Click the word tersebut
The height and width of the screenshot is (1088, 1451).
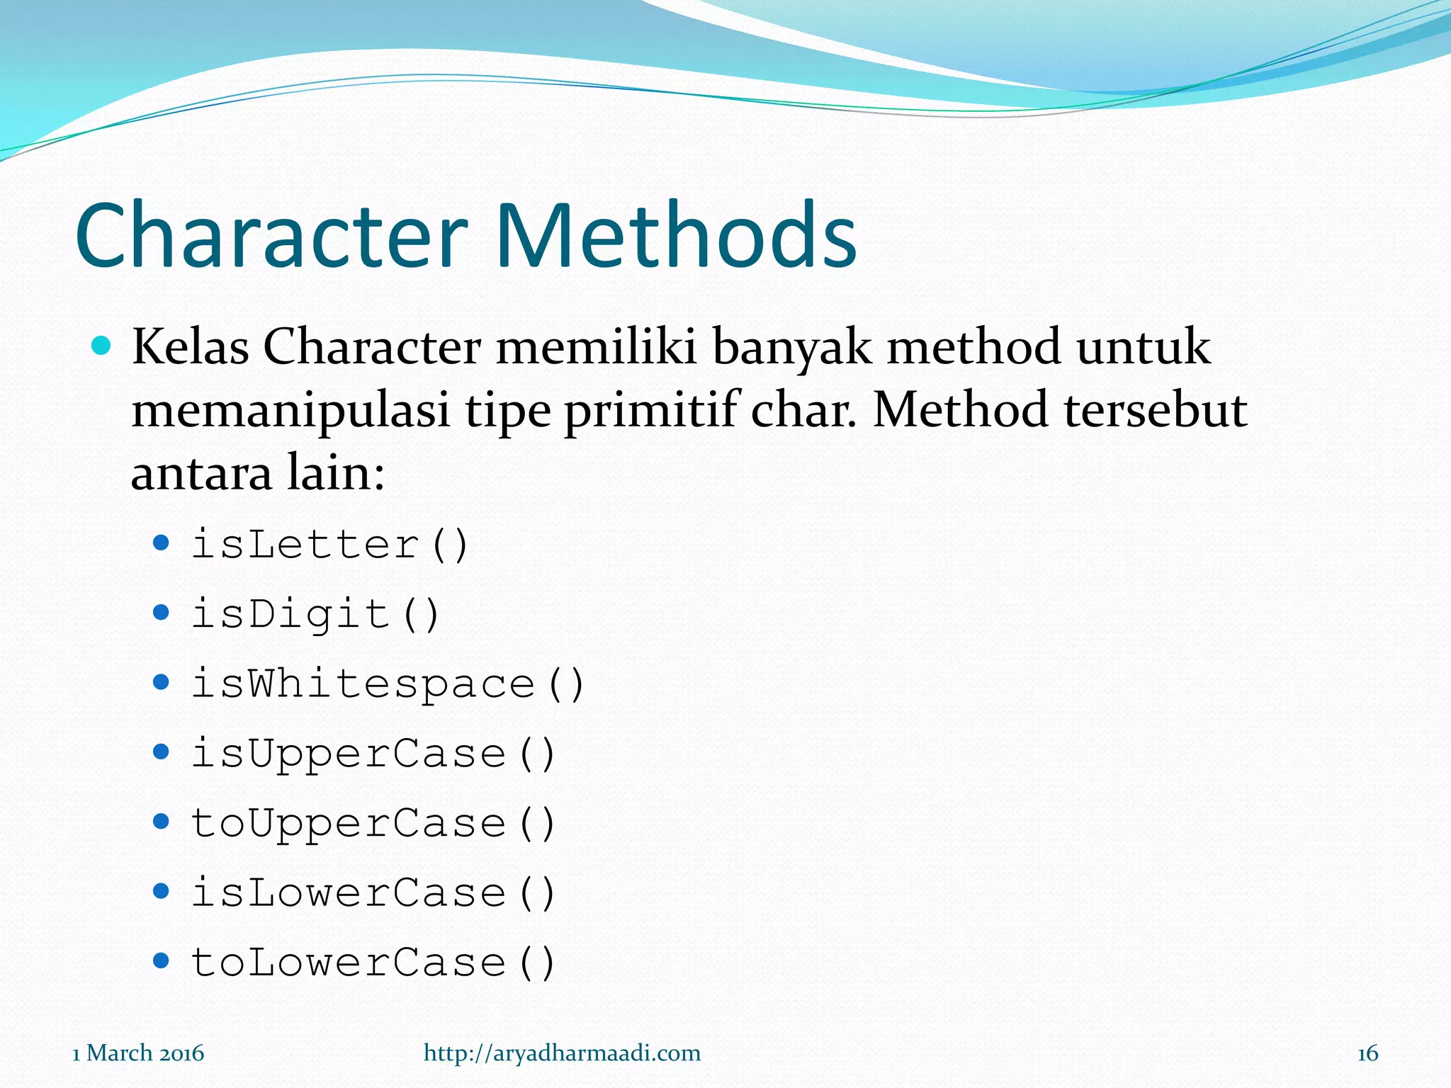(1156, 410)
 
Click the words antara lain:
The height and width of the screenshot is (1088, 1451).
(258, 473)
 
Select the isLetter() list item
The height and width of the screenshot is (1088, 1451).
(330, 545)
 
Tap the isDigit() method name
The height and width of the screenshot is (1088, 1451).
(316, 614)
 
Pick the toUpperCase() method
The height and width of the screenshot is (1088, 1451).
(373, 823)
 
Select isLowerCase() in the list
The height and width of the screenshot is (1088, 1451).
(373, 892)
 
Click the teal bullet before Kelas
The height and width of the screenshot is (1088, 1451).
(102, 346)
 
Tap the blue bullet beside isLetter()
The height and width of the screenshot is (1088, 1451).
(162, 543)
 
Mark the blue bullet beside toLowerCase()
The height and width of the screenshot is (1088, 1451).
(162, 961)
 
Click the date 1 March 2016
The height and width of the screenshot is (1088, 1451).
(138, 1053)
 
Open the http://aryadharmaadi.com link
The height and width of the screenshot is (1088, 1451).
(562, 1053)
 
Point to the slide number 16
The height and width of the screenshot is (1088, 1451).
(1367, 1053)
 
